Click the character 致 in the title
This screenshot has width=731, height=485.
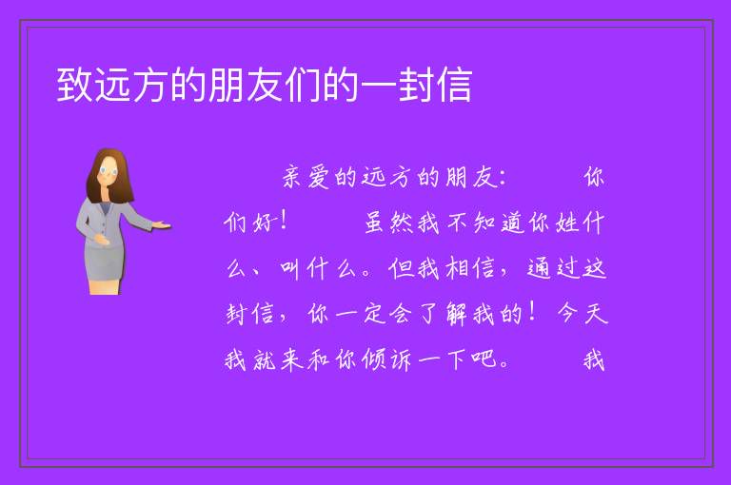(74, 85)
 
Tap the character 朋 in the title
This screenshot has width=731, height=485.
(227, 85)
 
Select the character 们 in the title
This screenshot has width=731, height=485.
(302, 85)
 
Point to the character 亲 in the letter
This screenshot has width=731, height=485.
(293, 177)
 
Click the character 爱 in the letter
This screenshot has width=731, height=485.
(320, 177)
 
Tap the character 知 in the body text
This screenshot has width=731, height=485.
(484, 223)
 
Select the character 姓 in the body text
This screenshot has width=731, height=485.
(567, 223)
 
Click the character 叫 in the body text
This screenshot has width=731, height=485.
(290, 268)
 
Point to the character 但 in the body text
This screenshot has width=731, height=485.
(401, 268)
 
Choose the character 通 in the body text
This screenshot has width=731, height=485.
(539, 268)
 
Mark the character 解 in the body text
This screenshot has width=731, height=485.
(457, 314)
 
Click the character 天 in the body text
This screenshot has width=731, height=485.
(595, 314)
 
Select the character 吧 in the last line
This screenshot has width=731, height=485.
(484, 359)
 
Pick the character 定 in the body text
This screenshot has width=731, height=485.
(374, 314)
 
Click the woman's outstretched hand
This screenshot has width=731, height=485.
(162, 225)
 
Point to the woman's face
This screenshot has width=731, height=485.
(109, 171)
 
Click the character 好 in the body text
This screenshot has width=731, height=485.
(264, 223)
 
